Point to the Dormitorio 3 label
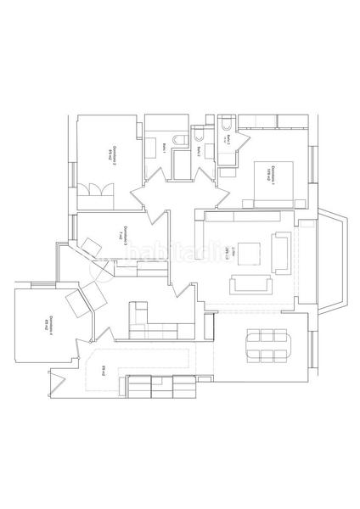[125, 236]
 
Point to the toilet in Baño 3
[226, 127]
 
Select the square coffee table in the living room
[249, 253]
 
